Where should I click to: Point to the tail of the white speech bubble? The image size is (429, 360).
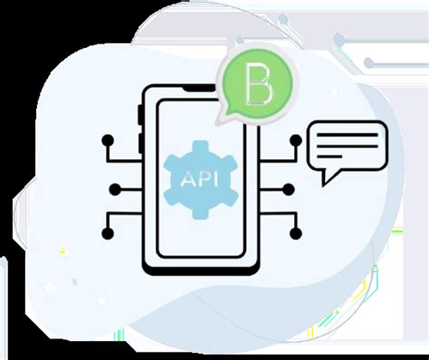323,182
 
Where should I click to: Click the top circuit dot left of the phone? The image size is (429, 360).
108,140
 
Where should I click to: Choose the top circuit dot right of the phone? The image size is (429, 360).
296,140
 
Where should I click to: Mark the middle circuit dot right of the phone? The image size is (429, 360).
289,189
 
